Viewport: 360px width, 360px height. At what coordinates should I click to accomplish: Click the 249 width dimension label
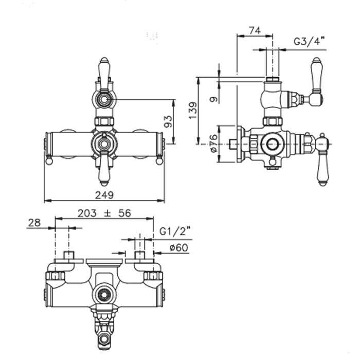104,195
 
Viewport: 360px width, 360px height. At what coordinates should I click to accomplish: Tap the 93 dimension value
168,121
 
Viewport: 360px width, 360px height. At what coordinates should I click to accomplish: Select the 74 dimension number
255,30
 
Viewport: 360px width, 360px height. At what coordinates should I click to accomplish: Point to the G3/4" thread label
310,42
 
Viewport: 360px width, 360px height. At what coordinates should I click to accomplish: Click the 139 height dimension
193,111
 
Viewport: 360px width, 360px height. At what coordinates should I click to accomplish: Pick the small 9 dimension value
214,99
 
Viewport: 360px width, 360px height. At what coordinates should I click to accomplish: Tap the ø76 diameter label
214,143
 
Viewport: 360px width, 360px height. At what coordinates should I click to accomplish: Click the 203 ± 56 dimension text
104,213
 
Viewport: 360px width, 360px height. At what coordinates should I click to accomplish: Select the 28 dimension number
34,223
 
